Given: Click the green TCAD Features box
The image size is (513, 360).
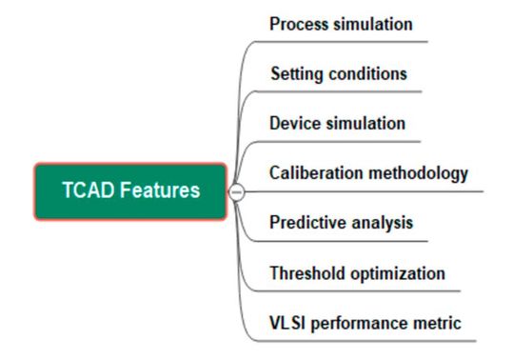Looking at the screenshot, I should pos(130,191).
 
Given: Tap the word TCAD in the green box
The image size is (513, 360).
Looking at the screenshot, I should pos(87,190).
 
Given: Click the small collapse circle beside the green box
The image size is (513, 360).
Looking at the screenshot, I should pos(238,191).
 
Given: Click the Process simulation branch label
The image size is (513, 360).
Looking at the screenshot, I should pos(341,25).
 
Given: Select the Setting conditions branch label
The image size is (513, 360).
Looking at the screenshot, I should pos(339,74).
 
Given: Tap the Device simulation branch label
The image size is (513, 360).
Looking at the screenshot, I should pos(338,124).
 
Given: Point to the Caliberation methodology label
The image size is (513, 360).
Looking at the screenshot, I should pos(369,173).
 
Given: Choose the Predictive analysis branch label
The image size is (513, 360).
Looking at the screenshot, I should pos(342,223).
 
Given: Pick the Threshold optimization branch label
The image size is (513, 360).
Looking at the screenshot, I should pos(358,273).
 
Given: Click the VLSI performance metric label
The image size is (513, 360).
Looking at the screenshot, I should pos(365,324).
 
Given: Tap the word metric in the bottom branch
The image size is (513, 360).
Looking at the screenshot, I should pos(439,324).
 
